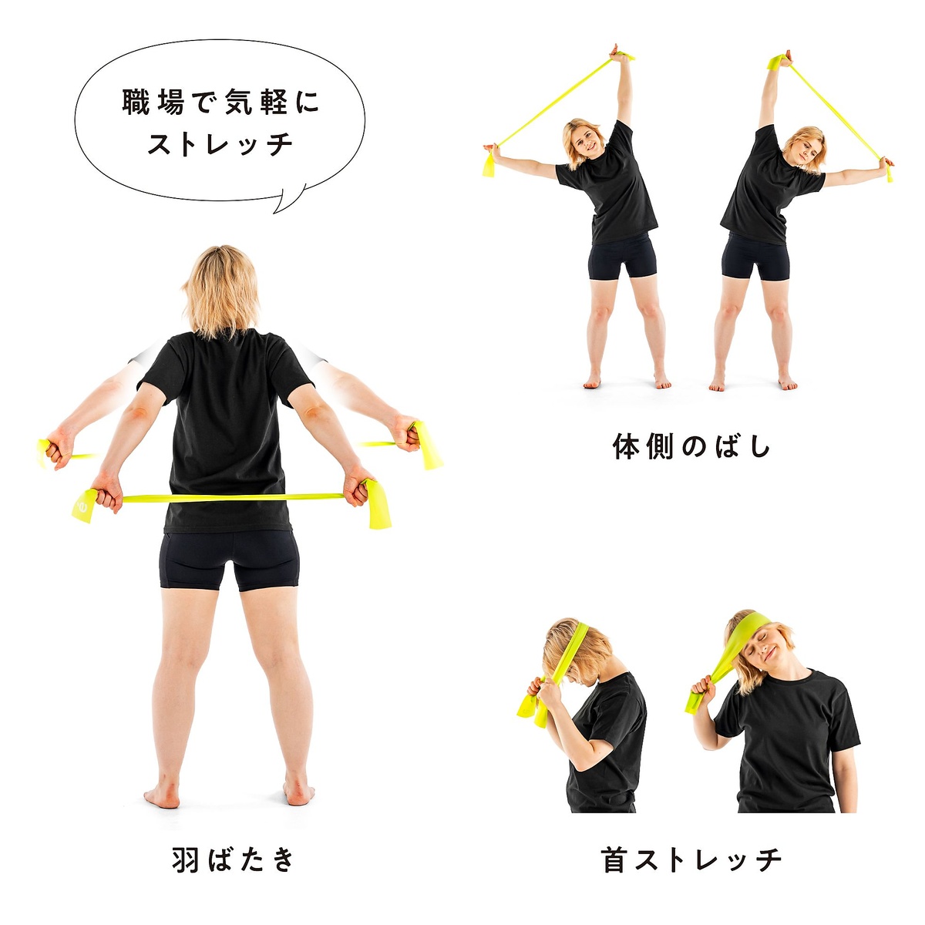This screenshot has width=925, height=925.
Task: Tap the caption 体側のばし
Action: pyautogui.click(x=691, y=447)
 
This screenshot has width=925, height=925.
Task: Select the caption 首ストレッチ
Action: pyautogui.click(x=691, y=859)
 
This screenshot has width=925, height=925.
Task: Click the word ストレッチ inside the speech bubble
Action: pyautogui.click(x=220, y=144)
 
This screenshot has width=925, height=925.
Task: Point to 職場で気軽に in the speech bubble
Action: pyautogui.click(x=220, y=103)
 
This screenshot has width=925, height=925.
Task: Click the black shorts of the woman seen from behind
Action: pyautogui.click(x=229, y=560)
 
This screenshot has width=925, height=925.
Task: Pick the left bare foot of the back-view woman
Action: pyautogui.click(x=163, y=794)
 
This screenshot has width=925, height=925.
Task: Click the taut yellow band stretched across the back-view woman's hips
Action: pyautogui.click(x=231, y=498)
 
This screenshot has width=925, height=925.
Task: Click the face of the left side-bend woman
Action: pyautogui.click(x=586, y=140)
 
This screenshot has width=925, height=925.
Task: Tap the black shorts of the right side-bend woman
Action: pyautogui.click(x=755, y=257)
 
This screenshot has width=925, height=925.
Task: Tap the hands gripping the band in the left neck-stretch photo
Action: pyautogui.click(x=546, y=690)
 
